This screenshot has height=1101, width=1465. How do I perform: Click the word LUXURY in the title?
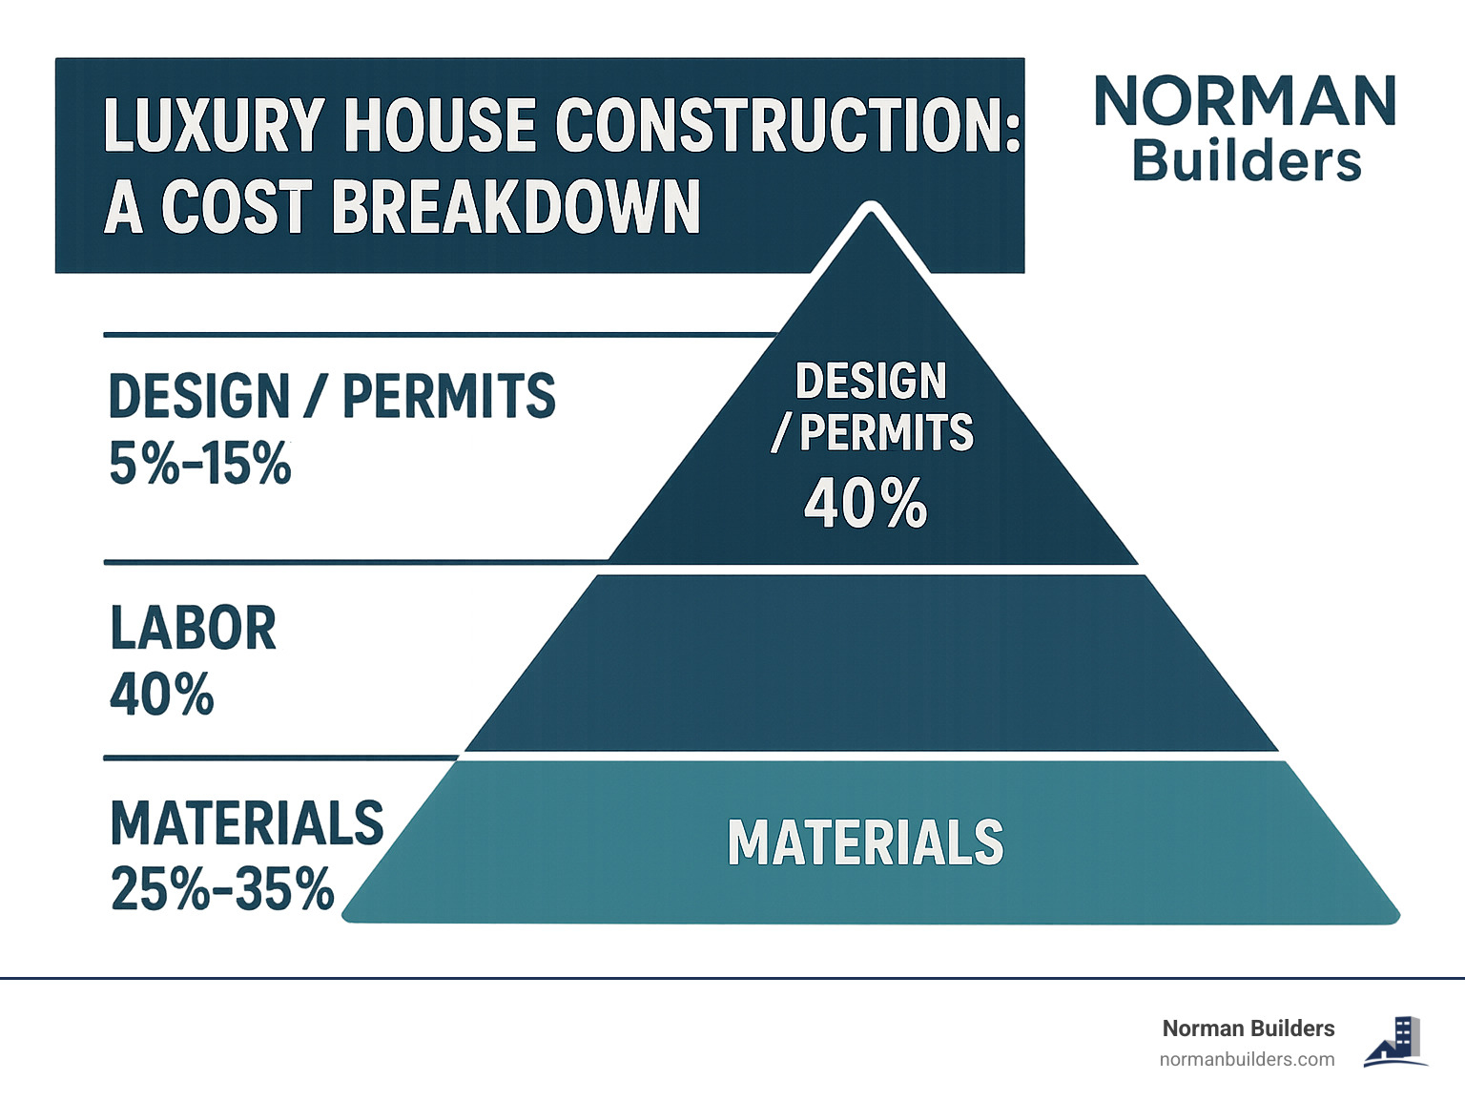click(x=200, y=125)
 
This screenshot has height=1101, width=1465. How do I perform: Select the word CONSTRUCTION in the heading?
click(x=786, y=125)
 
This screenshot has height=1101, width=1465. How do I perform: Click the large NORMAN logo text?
click(x=1246, y=102)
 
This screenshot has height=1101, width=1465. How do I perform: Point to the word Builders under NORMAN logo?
click(x=1246, y=161)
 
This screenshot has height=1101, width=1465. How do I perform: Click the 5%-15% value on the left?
click(x=199, y=465)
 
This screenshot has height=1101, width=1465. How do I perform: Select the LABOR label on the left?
click(x=193, y=629)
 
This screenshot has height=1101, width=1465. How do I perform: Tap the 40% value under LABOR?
click(x=161, y=694)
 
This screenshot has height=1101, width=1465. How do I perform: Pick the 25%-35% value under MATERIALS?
click(x=222, y=889)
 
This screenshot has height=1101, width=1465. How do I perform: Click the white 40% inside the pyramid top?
click(x=865, y=503)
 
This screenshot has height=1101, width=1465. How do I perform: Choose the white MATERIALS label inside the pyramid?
click(x=865, y=842)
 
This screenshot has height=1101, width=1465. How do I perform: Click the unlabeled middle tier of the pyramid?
click(x=870, y=663)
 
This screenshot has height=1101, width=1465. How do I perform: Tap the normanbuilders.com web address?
click(x=1247, y=1059)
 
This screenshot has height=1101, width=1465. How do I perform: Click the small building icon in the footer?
click(x=1396, y=1041)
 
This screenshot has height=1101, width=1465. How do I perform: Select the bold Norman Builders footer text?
click(x=1248, y=1028)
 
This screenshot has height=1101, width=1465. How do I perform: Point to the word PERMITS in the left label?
click(x=448, y=396)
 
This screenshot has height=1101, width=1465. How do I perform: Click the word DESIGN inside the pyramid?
click(x=871, y=382)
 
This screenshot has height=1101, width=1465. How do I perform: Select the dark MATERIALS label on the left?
click(x=246, y=823)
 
